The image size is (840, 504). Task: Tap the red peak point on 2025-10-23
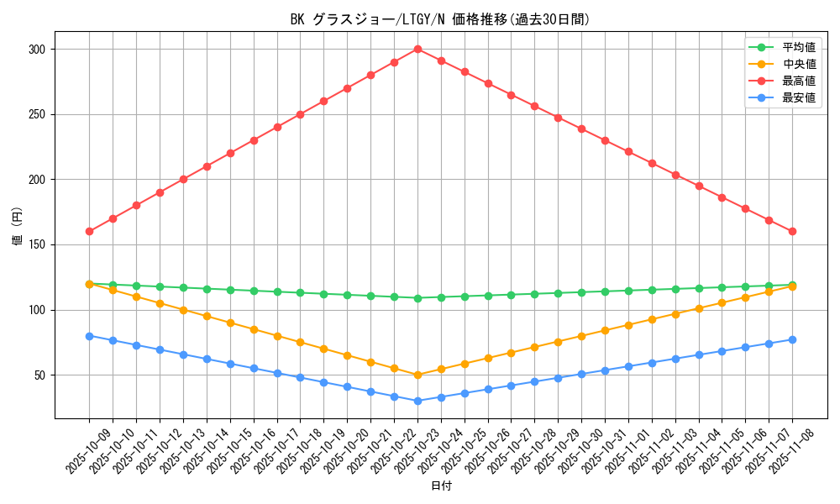pos(417,49)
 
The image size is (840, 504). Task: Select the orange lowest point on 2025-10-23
pos(417,375)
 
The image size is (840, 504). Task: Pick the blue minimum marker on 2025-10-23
pos(417,401)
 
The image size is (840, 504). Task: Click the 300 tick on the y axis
pos(36,50)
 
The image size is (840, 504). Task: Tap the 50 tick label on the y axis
pos(39,375)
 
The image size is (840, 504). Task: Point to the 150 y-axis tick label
pos(36,245)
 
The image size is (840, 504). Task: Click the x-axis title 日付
pos(441,486)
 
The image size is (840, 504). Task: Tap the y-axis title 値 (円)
pos(18,228)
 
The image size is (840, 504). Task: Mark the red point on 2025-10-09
pos(89,231)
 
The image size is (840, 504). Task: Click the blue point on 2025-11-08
pos(792,339)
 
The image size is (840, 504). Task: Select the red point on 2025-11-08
pos(792,231)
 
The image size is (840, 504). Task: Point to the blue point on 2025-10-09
pos(89,336)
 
